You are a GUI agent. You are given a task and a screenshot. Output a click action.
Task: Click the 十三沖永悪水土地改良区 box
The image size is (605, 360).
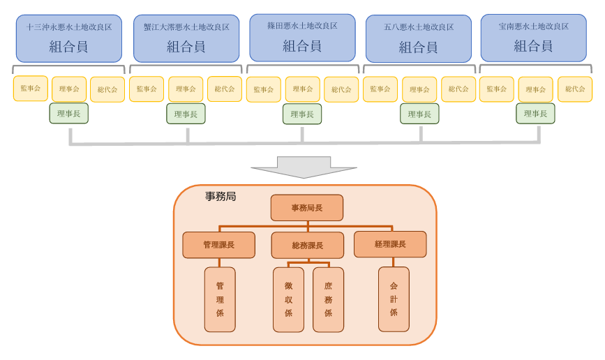pyautogui.click(x=69, y=38)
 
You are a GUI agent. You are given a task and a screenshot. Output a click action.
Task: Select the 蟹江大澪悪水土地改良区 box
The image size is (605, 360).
pyautogui.click(x=186, y=38)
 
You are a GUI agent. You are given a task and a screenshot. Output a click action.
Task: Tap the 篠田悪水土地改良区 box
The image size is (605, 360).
pyautogui.click(x=302, y=38)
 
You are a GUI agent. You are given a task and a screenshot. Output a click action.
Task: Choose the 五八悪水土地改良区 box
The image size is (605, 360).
pyautogui.click(x=419, y=38)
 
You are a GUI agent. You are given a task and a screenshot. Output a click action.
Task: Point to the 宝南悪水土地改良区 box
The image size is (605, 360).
pyautogui.click(x=533, y=38)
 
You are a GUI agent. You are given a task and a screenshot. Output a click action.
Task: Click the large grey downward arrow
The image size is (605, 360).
pyautogui.click(x=304, y=167)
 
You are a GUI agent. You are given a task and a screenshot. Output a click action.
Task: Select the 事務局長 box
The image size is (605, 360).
pyautogui.click(x=307, y=208)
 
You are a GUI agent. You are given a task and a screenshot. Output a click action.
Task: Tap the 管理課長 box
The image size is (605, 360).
pyautogui.click(x=218, y=245)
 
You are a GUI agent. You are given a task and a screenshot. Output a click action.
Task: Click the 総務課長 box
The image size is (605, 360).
pyautogui.click(x=308, y=246)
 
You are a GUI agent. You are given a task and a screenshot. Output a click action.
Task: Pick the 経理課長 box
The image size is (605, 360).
pyautogui.click(x=390, y=244)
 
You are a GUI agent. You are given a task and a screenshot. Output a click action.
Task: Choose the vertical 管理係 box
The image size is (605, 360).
pyautogui.click(x=220, y=299)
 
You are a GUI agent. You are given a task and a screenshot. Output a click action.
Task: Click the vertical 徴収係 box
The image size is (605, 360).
pyautogui.click(x=288, y=299)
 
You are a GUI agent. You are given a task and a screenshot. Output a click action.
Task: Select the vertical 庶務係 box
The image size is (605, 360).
pyautogui.click(x=328, y=299)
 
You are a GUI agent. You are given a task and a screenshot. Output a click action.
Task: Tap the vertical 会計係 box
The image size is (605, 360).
pyautogui.click(x=394, y=299)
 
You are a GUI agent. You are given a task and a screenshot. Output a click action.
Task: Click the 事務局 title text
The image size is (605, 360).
pyautogui.click(x=221, y=197)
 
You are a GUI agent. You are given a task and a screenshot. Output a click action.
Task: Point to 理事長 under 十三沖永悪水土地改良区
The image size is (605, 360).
pyautogui.click(x=68, y=114)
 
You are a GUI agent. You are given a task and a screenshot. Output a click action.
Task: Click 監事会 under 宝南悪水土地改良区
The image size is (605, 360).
pyautogui.click(x=497, y=89)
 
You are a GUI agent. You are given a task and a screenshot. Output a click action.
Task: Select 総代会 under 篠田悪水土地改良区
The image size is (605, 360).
pyautogui.click(x=341, y=90)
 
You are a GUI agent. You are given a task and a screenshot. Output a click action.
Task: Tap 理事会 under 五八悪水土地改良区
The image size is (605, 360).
pyautogui.click(x=419, y=90)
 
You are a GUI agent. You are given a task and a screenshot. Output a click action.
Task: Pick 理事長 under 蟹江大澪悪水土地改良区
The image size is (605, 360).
pyautogui.click(x=186, y=114)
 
